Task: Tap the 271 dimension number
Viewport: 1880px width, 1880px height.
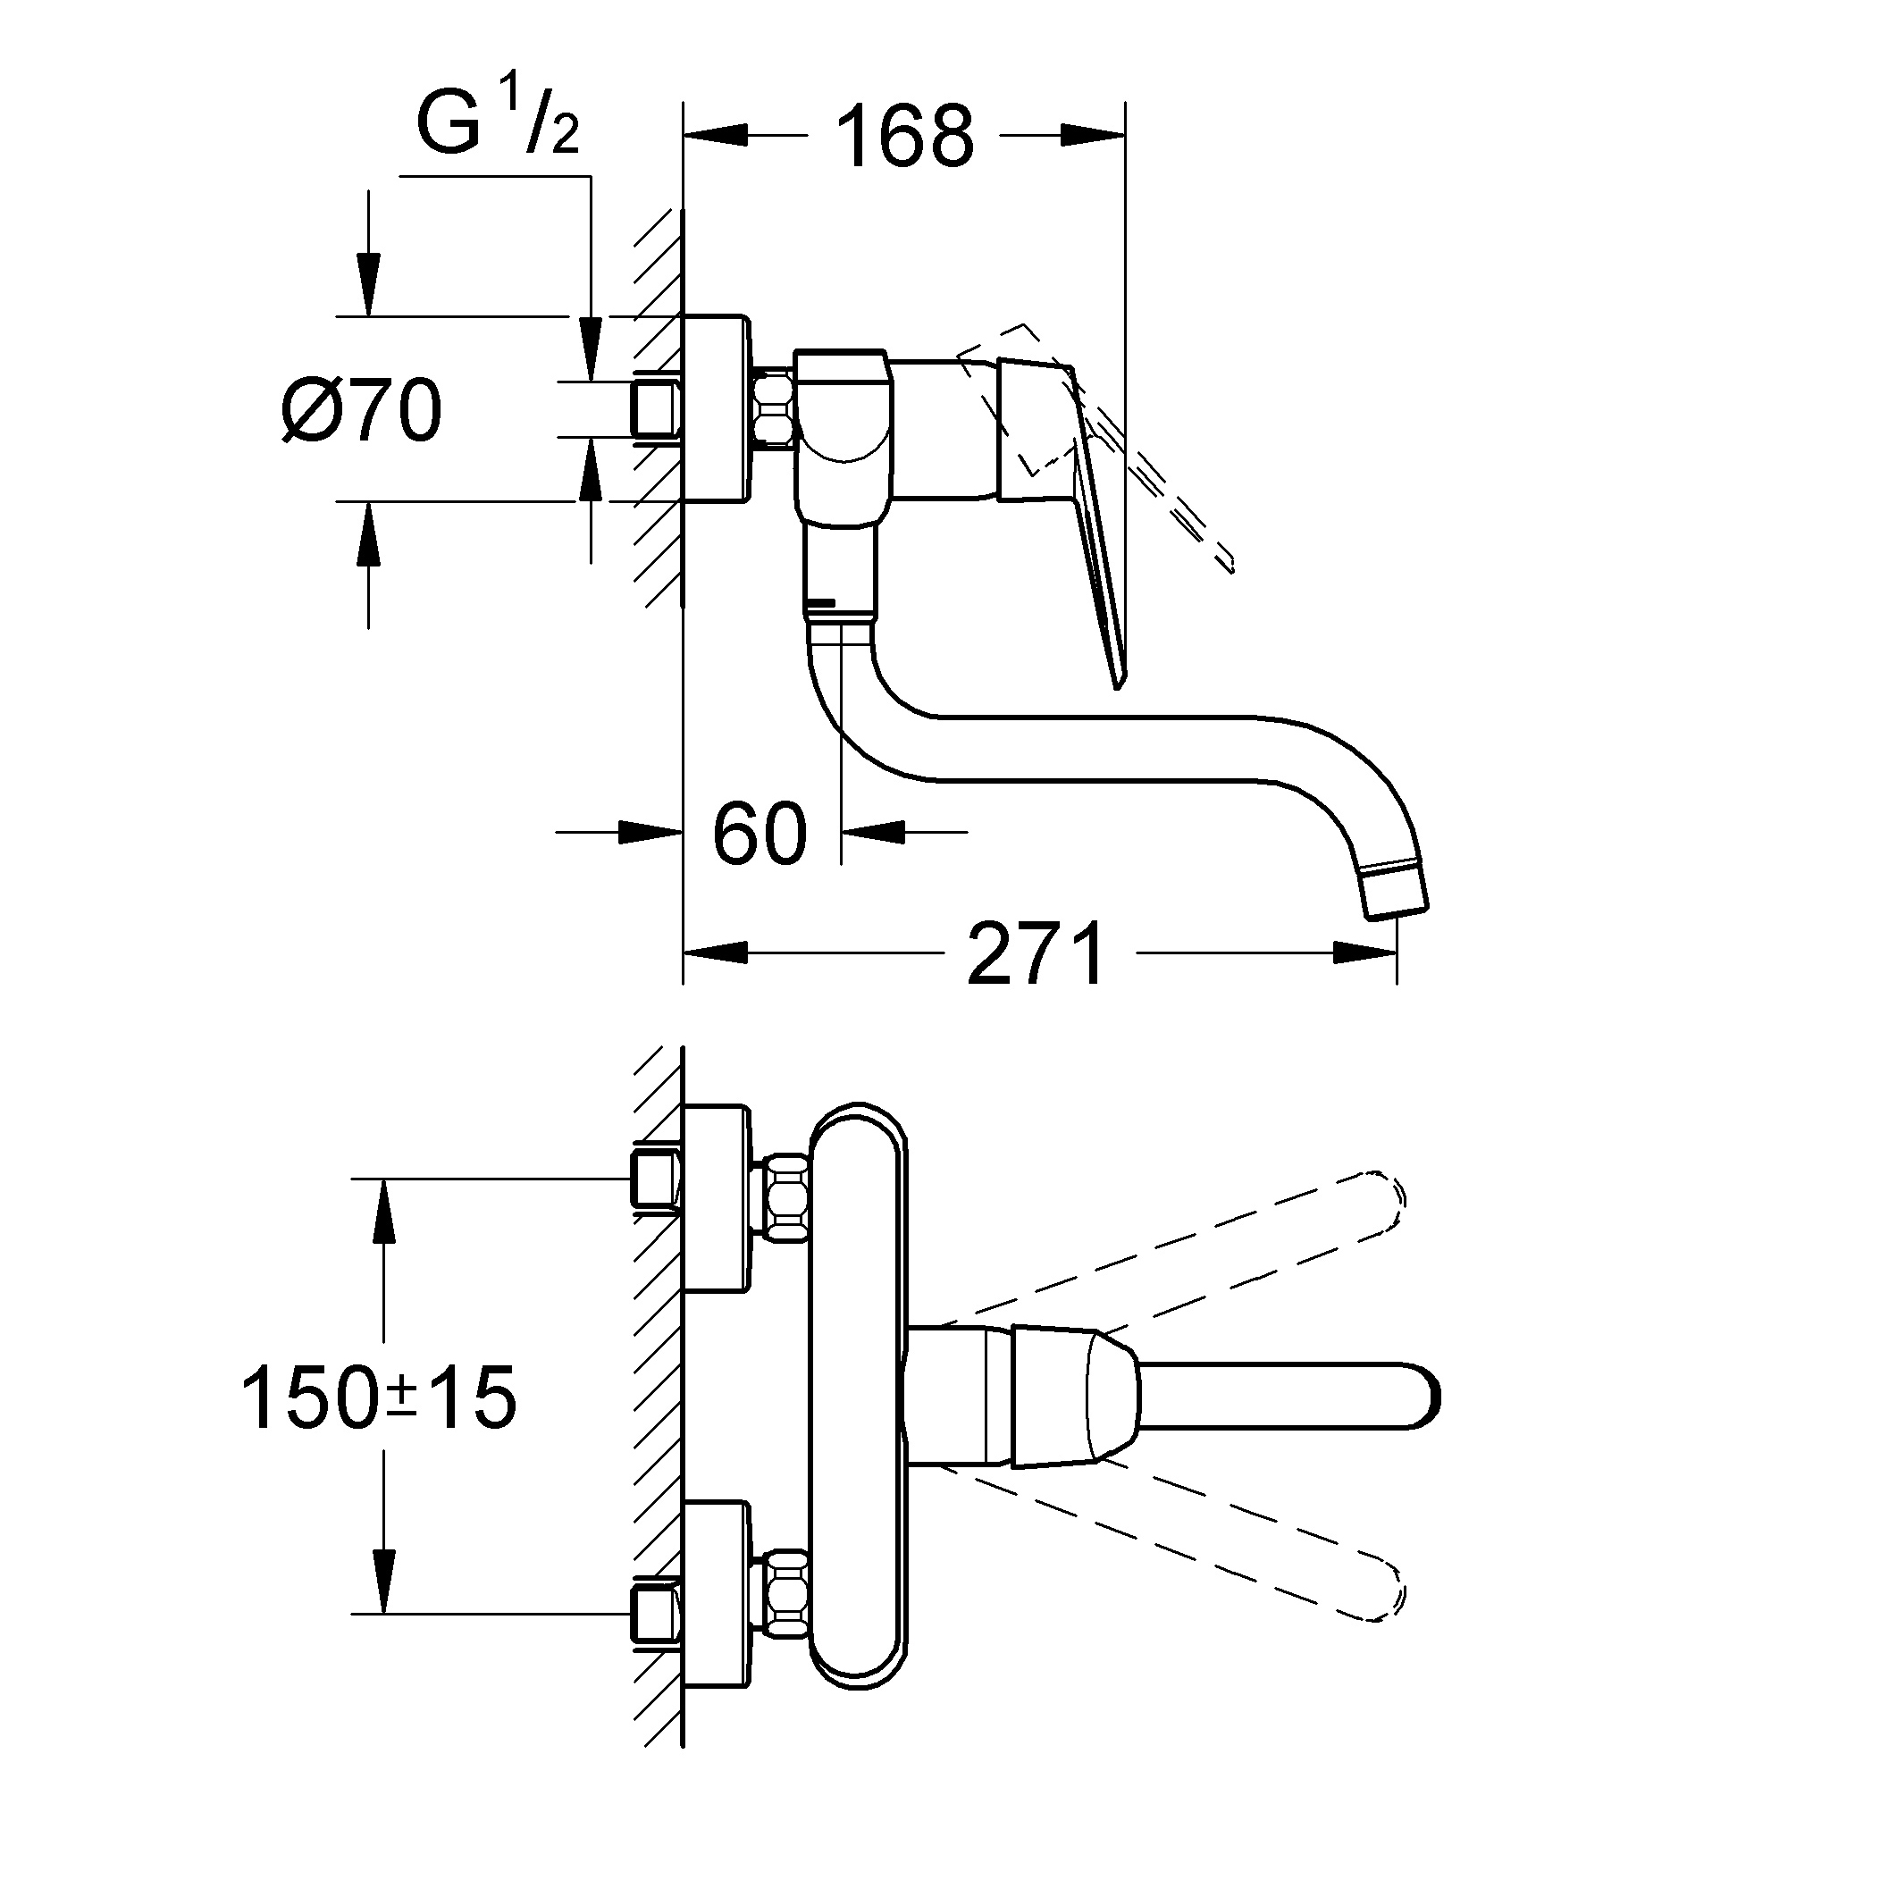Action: point(1037,953)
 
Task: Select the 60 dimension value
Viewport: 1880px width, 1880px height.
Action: point(760,833)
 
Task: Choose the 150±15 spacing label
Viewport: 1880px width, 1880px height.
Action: point(379,1397)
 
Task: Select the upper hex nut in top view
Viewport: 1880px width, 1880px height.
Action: point(786,1198)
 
